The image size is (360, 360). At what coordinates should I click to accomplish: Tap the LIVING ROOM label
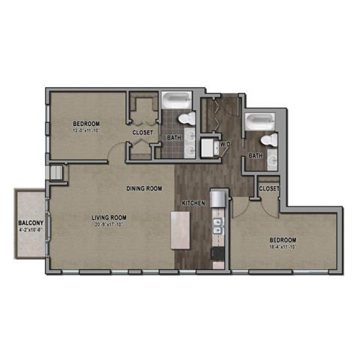tap(109, 217)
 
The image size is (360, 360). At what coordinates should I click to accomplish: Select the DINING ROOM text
tap(144, 188)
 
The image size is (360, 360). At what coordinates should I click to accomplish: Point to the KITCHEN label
tap(193, 203)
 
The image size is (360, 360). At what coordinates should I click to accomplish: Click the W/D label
tap(225, 143)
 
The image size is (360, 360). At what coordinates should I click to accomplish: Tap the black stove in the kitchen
tap(218, 254)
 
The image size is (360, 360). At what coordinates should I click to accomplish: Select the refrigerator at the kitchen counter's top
tap(218, 198)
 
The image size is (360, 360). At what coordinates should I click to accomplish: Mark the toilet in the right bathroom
tap(268, 140)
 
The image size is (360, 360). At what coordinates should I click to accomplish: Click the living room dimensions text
tap(109, 226)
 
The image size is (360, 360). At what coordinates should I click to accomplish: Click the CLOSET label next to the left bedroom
tap(142, 133)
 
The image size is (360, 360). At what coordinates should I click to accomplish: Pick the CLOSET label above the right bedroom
tap(268, 189)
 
